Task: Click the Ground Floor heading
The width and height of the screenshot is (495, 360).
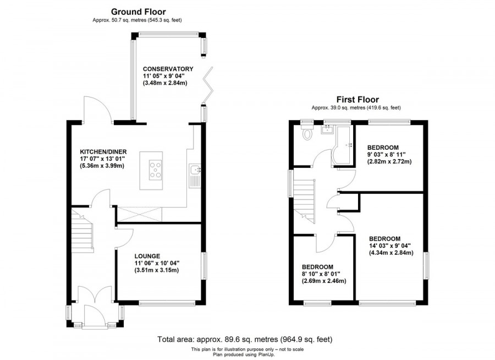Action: (138, 11)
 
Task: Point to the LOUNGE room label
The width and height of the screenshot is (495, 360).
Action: (147, 256)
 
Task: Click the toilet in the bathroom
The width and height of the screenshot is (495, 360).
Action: (307, 132)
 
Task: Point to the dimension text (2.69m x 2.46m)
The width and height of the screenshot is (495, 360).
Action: (324, 281)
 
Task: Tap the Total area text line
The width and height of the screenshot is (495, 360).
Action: (245, 340)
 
